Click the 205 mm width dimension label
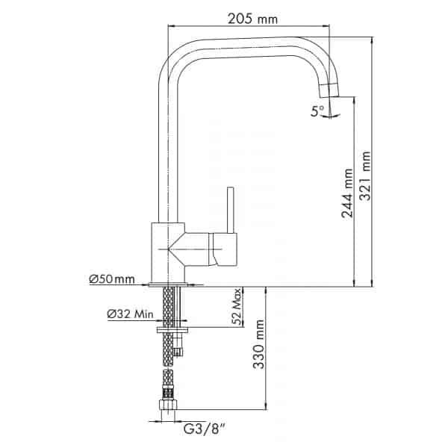[252, 19]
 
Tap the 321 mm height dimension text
[365, 175]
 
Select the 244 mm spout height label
[347, 193]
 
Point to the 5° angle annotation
[317, 111]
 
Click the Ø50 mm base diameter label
[112, 279]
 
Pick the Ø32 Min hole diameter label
[130, 314]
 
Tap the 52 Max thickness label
[237, 307]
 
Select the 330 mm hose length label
[259, 344]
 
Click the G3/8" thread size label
[204, 429]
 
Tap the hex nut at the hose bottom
[168, 405]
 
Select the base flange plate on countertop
[168, 284]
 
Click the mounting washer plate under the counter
[172, 331]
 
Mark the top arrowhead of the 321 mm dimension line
[372, 40]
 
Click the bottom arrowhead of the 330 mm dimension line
[266, 406]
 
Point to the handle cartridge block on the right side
[223, 249]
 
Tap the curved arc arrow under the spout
[331, 116]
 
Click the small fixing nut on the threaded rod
[178, 352]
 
